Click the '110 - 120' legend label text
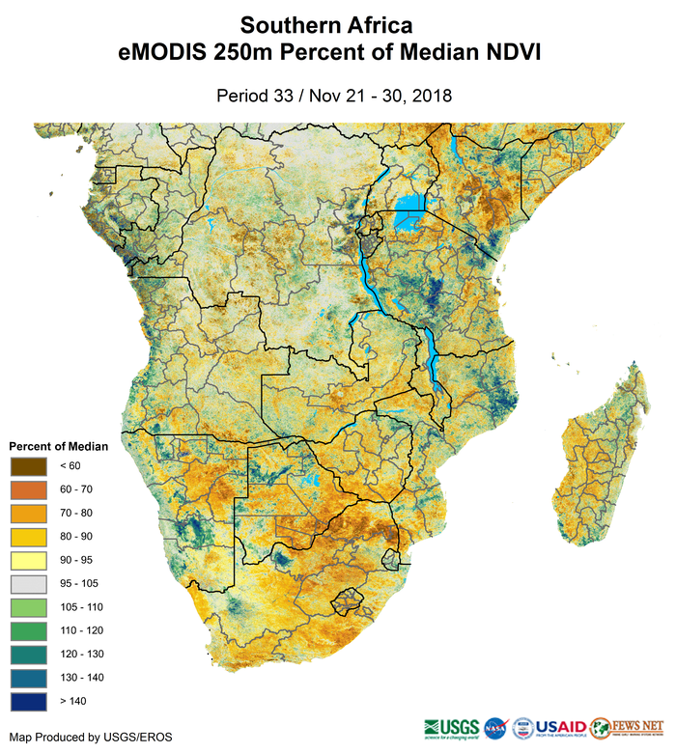[x=81, y=630]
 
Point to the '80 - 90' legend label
[x=76, y=536]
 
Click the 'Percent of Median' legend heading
[x=59, y=446]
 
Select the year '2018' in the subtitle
[x=434, y=96]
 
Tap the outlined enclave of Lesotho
[x=347, y=601]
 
